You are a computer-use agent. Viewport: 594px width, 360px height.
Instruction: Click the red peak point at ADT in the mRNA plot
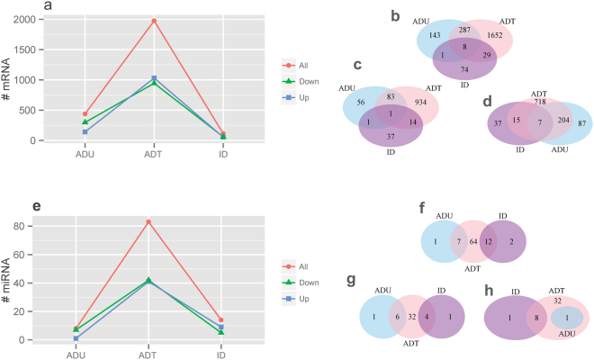tap(154, 21)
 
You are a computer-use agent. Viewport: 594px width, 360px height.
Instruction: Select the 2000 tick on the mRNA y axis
tap(27, 20)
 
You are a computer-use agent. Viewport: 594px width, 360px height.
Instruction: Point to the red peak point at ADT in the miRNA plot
tap(148, 221)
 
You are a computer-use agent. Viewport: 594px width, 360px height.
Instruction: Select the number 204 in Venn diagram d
tap(540, 121)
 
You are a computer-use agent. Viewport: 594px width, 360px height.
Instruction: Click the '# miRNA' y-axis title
tap(8, 281)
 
